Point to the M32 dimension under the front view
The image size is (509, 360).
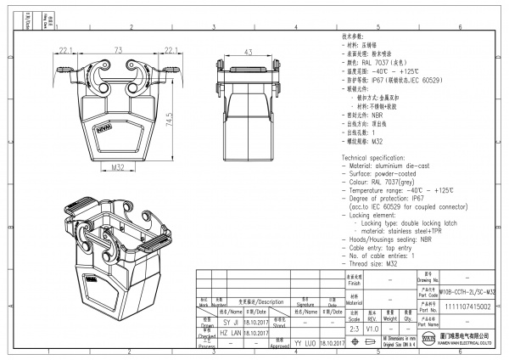(x=120, y=170)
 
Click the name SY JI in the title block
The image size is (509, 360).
(x=231, y=323)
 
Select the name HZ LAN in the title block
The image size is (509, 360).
(x=231, y=335)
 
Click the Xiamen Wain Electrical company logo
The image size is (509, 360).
(x=428, y=342)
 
